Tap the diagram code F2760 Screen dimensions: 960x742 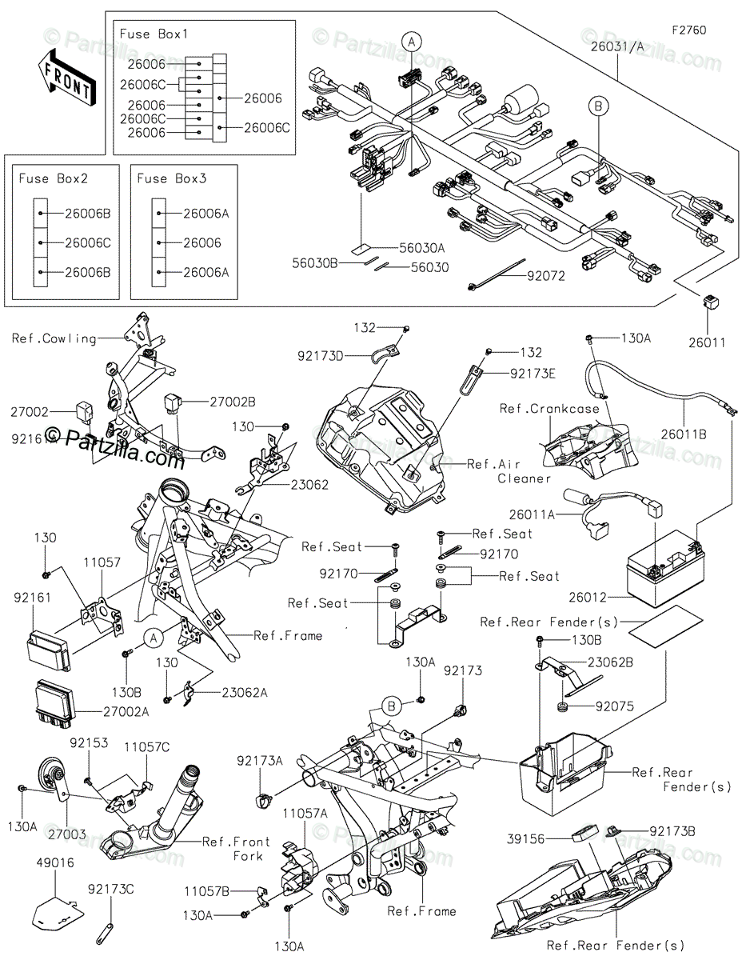(689, 30)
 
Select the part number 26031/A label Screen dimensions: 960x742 (617, 48)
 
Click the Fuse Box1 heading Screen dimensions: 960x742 (153, 34)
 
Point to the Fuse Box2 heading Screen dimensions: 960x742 (53, 178)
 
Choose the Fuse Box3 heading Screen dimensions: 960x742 (172, 178)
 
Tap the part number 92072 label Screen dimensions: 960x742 (545, 277)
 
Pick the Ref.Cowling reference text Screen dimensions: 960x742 (54, 338)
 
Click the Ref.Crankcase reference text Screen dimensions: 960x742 (549, 409)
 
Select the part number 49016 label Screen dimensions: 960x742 (54, 863)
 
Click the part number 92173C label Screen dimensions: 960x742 (111, 888)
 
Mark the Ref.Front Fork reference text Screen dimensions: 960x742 (236, 848)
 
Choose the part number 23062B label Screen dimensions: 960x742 (610, 662)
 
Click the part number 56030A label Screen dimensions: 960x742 (424, 248)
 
